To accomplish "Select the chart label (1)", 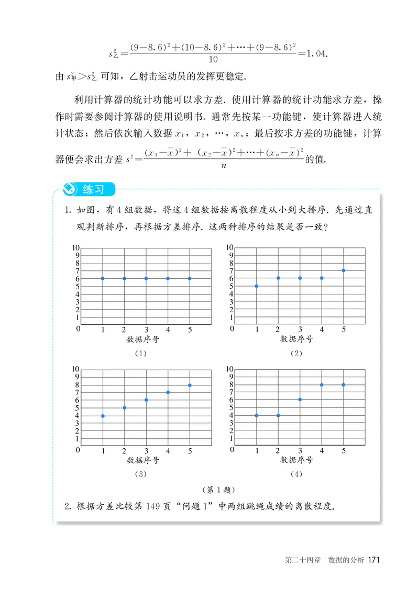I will coord(140,354).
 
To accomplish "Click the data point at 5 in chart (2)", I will coord(257,286).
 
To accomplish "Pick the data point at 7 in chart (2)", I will coord(344,270).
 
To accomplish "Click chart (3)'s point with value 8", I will coord(190,385).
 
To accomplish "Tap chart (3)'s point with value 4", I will coord(103,416).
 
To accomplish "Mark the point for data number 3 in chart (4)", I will coord(300,400).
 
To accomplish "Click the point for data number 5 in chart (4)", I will coord(344,385).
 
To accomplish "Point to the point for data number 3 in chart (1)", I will coord(146,278).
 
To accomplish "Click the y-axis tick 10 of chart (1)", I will coord(75,247).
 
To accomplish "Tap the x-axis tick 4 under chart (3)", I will coord(168,451).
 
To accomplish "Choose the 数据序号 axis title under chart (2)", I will coord(296,339).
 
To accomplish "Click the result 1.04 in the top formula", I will coord(316,54).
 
